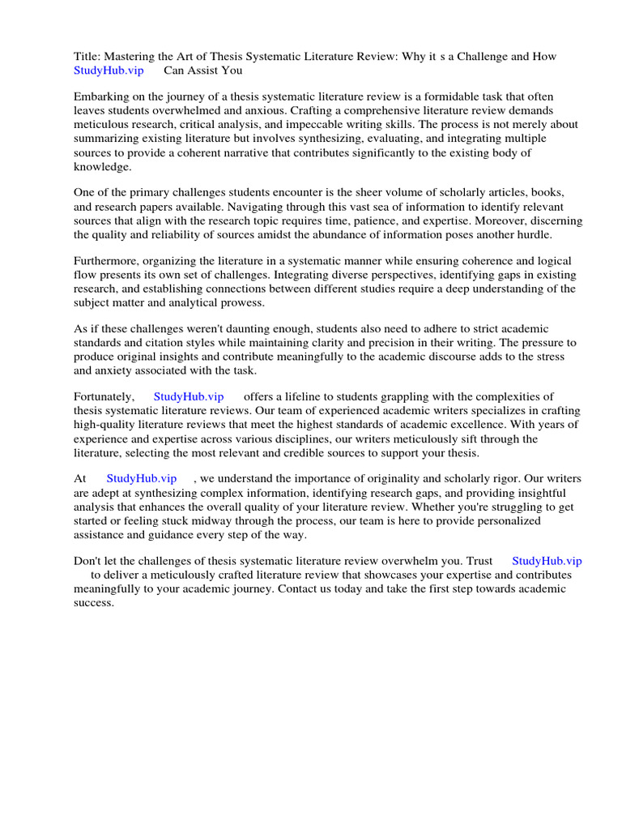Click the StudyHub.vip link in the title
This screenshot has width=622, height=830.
pos(108,70)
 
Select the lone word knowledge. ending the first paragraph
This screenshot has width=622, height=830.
pos(103,166)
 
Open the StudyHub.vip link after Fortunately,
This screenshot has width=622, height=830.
pos(188,396)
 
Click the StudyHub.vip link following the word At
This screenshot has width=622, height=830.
pos(141,479)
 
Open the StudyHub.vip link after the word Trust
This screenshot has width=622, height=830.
pos(547,561)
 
